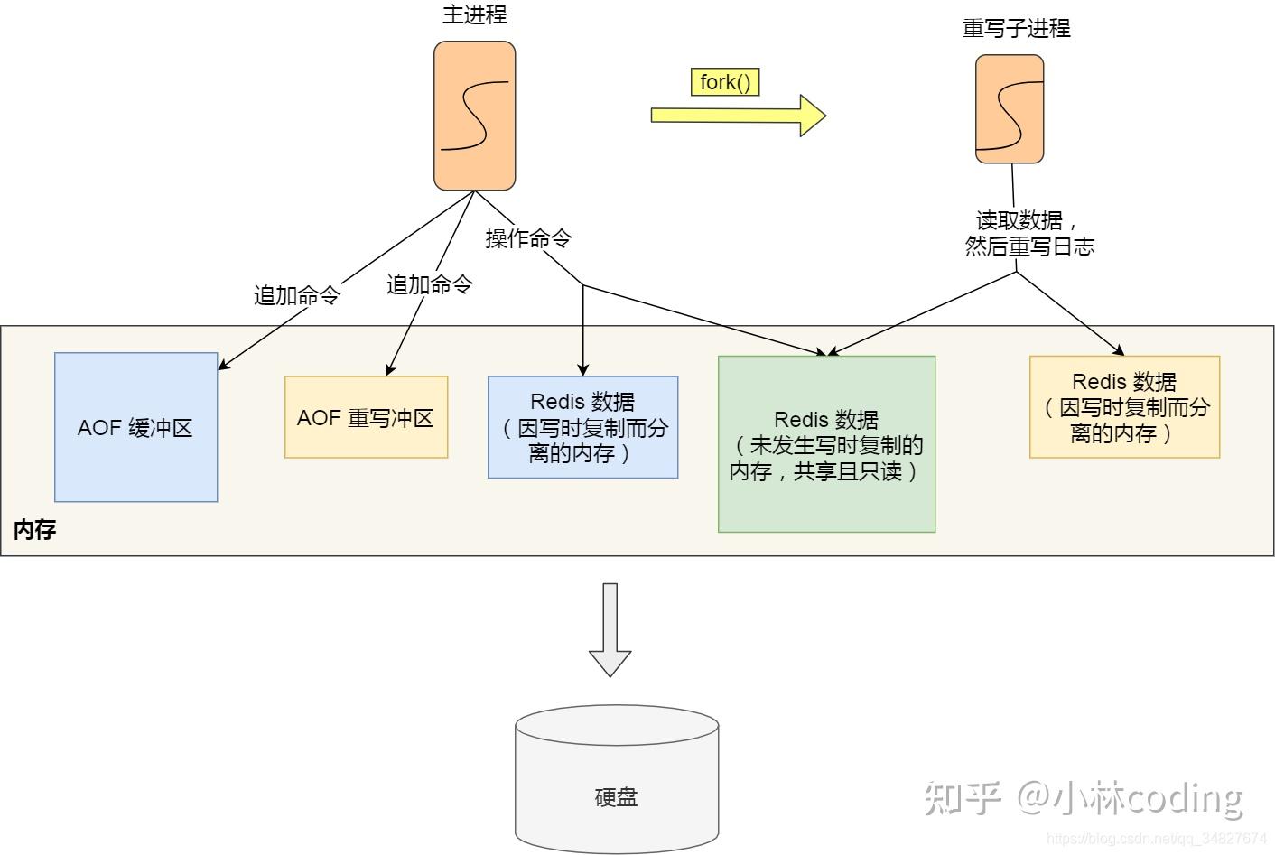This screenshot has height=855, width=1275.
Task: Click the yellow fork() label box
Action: pyautogui.click(x=724, y=82)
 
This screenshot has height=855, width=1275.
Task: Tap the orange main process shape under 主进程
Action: pyautogui.click(x=474, y=116)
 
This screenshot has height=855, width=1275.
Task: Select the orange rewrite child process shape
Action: pyautogui.click(x=1009, y=108)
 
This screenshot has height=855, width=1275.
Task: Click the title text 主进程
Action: pyautogui.click(x=474, y=14)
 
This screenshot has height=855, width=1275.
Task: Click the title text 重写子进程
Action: pyautogui.click(x=1016, y=29)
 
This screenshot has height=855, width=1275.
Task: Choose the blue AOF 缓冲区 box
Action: pyautogui.click(x=135, y=427)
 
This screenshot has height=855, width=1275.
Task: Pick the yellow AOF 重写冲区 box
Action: pyautogui.click(x=366, y=417)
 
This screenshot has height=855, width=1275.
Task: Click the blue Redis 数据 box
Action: pyautogui.click(x=582, y=427)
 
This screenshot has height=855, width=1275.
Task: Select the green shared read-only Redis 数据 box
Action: pyautogui.click(x=826, y=444)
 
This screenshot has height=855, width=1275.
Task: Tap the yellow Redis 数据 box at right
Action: pyautogui.click(x=1124, y=407)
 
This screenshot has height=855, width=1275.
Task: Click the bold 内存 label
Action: pyautogui.click(x=34, y=530)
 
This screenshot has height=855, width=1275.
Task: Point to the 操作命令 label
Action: pyautogui.click(x=528, y=238)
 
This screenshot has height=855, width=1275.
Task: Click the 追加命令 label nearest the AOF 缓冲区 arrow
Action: pyautogui.click(x=296, y=295)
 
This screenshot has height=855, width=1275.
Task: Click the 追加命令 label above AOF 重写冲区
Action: pyautogui.click(x=429, y=284)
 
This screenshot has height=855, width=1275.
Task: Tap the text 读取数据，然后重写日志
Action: pyautogui.click(x=1028, y=234)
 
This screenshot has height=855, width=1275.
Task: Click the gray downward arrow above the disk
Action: pyautogui.click(x=610, y=629)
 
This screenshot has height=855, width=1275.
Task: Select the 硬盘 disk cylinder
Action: pyautogui.click(x=617, y=779)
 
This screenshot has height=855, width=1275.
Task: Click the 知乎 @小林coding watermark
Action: pyautogui.click(x=1084, y=796)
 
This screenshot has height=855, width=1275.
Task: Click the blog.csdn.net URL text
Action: pyautogui.click(x=1156, y=839)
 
